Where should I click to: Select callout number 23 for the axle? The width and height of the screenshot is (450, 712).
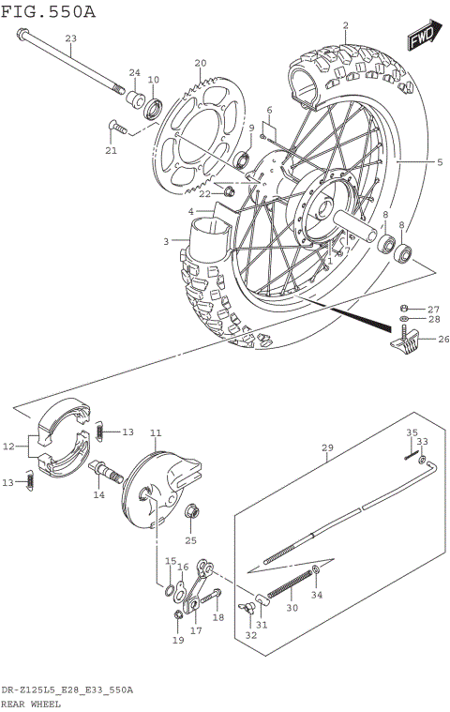pos(70,38)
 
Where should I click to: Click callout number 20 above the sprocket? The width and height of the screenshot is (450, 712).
pos(199,63)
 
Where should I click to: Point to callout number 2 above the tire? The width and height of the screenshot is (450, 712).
pos(345,25)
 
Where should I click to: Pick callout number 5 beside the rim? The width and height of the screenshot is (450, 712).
pos(439,162)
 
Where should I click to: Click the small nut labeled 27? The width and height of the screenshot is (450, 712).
pos(403,308)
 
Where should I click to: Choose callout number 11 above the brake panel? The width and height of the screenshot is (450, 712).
pos(156,432)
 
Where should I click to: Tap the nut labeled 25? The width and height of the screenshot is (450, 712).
pos(192,512)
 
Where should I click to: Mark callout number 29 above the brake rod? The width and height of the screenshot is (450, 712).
pos(327,449)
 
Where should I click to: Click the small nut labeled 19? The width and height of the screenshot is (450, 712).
pos(177,615)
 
